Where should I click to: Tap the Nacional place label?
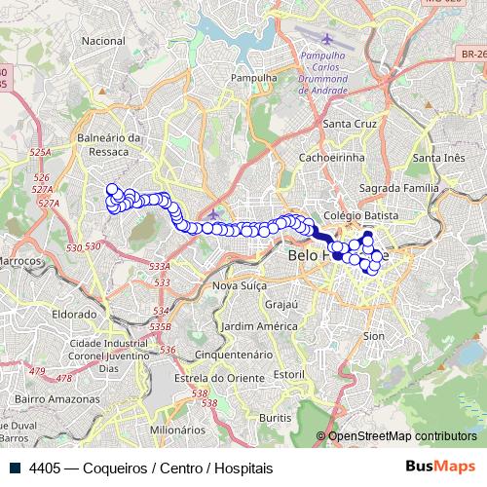[104, 41]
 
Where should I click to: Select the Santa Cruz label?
[351, 124]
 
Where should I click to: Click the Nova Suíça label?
[240, 285]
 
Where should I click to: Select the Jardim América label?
[258, 325]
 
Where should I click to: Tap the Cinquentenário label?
[234, 355]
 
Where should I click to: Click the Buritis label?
[276, 417]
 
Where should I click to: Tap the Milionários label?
[176, 429]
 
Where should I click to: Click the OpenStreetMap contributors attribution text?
[401, 436]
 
